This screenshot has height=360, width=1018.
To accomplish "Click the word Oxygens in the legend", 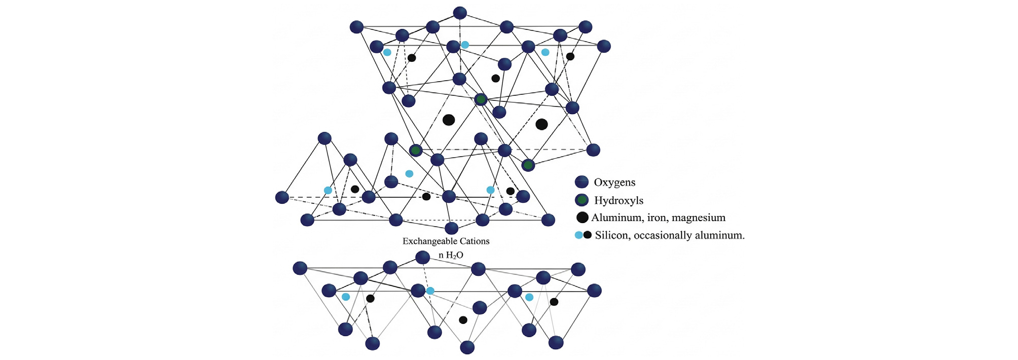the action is [x=614, y=183].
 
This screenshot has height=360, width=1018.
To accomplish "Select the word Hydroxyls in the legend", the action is [x=619, y=200].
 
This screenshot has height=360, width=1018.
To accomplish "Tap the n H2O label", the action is [x=451, y=255].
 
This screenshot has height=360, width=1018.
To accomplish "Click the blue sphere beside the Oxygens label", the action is [x=581, y=182].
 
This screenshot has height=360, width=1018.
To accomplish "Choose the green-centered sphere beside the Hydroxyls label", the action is [x=582, y=200].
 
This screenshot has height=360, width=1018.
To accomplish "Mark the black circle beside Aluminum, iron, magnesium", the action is [x=583, y=218].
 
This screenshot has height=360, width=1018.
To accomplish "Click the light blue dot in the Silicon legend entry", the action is [x=578, y=235].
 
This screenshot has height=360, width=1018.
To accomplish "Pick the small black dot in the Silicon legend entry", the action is [x=588, y=235].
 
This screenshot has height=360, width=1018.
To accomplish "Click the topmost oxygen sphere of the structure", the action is [x=460, y=13].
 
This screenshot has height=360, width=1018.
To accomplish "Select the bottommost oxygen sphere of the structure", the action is [x=467, y=347].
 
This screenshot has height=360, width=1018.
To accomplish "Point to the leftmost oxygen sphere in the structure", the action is [x=282, y=197].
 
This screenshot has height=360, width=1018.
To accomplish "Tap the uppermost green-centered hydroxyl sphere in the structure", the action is [x=481, y=99].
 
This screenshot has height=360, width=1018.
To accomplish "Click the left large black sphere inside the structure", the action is [x=449, y=120].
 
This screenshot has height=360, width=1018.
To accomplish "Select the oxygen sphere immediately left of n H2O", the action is [x=422, y=257].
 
